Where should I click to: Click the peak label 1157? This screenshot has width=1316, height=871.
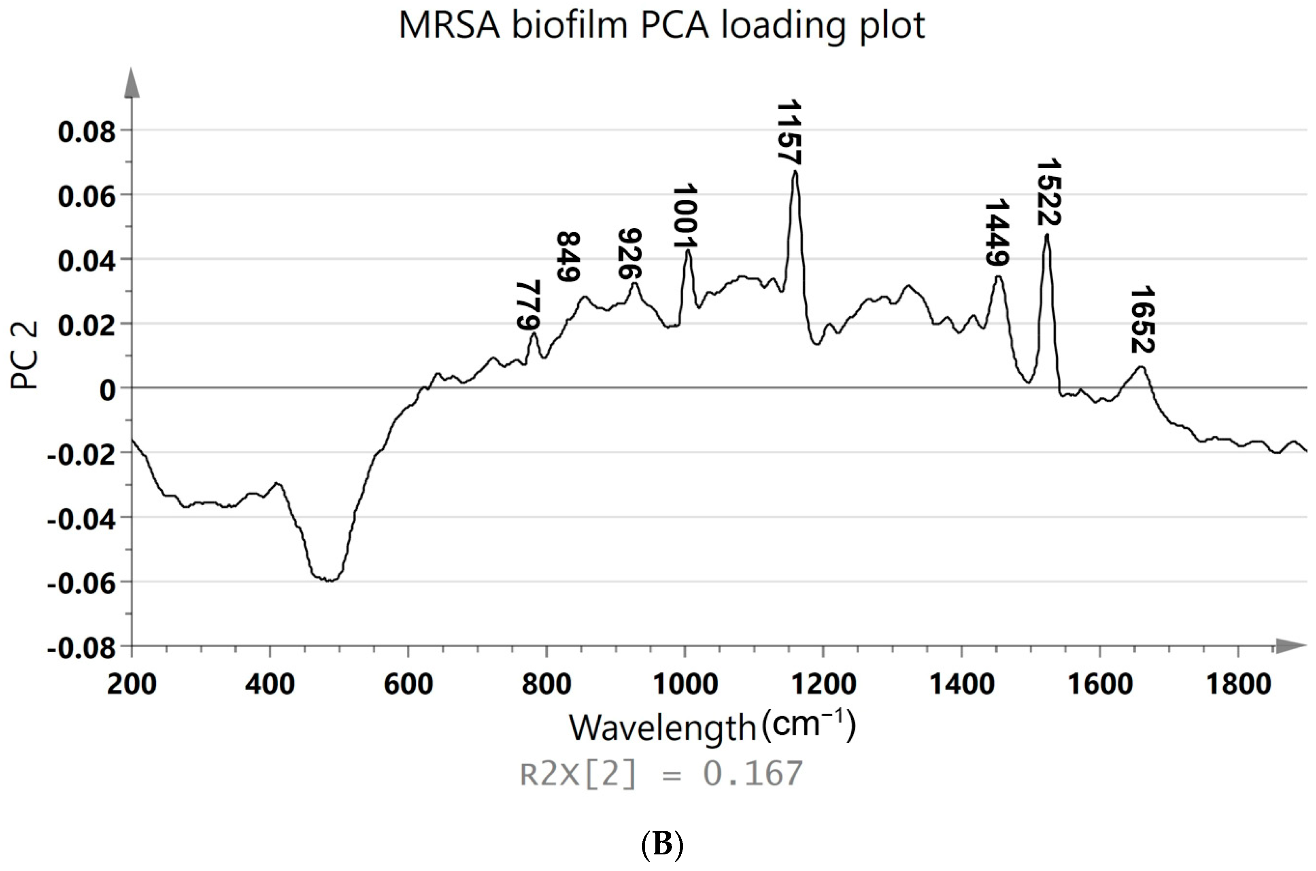[789, 132]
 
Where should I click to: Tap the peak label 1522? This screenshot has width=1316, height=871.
[1049, 192]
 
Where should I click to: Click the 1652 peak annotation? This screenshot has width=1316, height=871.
[1143, 320]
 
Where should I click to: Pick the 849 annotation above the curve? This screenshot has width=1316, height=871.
[568, 256]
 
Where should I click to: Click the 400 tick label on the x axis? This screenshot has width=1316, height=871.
[270, 684]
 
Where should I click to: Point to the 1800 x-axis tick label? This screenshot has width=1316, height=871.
[1238, 684]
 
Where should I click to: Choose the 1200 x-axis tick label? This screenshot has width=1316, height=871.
[823, 684]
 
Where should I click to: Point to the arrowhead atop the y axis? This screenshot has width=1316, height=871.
[132, 83]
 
